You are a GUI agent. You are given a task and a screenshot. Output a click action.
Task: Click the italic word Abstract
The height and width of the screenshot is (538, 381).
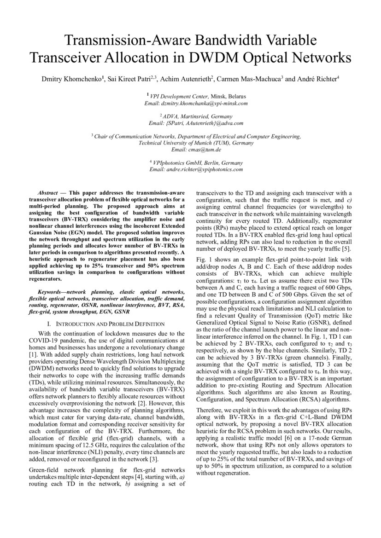[x=47, y=192]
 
